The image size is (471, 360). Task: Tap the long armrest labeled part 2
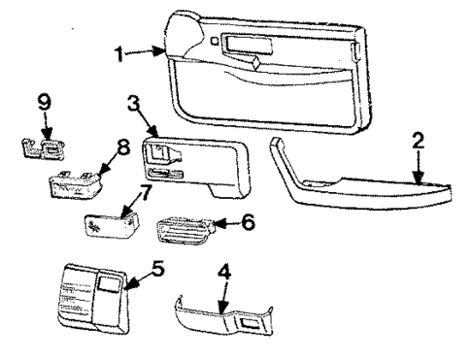coord(359,189)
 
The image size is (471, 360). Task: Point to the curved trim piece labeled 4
coord(219,315)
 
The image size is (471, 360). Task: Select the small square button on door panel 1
coord(213,41)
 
